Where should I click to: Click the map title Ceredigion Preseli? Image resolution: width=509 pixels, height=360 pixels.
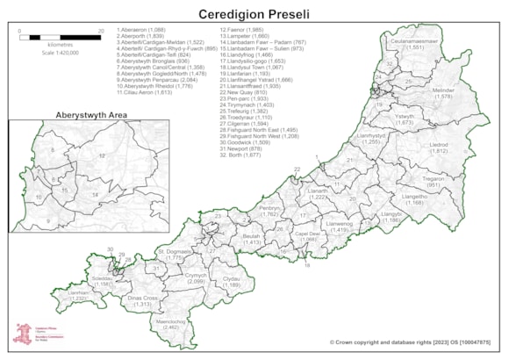254,15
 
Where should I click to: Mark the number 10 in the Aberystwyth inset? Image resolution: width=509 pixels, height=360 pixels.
38,198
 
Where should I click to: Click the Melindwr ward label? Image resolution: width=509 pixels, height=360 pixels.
443,92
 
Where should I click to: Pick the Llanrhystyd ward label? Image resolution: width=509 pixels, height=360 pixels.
372,138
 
